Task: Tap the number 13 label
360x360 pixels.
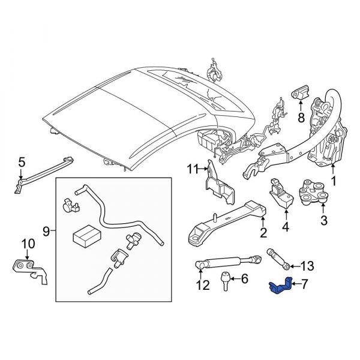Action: click(307, 266)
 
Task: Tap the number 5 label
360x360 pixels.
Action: click(22, 163)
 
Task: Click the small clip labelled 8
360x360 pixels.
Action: click(300, 95)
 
